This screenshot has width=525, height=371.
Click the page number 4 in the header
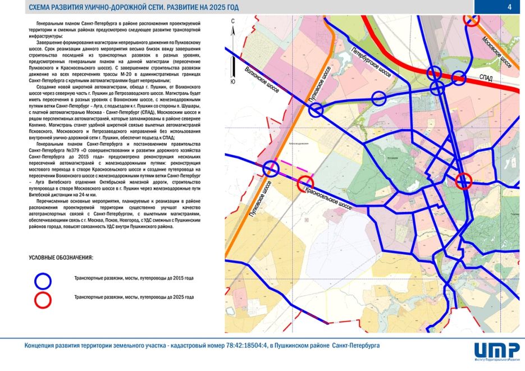(x=509, y=7)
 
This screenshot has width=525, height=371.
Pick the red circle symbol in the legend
(x=43, y=297)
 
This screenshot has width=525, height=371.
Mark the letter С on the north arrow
(x=232, y=21)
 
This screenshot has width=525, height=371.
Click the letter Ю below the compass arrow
(x=232, y=82)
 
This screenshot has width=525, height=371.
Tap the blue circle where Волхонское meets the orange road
(x=316, y=110)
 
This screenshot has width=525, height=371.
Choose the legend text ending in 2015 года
(x=134, y=278)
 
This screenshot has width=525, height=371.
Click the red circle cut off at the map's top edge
(x=472, y=19)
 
